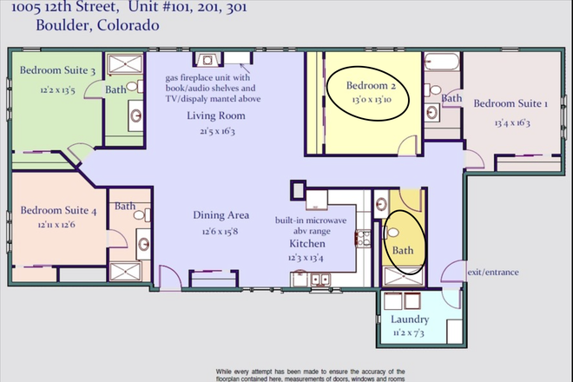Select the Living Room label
[x=215, y=115]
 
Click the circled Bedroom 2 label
[x=371, y=86]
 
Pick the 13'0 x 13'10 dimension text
[x=371, y=101]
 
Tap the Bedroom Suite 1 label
[x=510, y=103]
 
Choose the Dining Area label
[x=221, y=214]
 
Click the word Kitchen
[x=307, y=244]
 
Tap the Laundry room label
[x=410, y=319]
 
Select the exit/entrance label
[x=493, y=272]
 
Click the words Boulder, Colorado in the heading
[x=85, y=25]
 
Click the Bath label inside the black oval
[x=404, y=250]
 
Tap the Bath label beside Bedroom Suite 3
[x=115, y=89]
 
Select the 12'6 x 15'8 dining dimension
[x=221, y=230]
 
